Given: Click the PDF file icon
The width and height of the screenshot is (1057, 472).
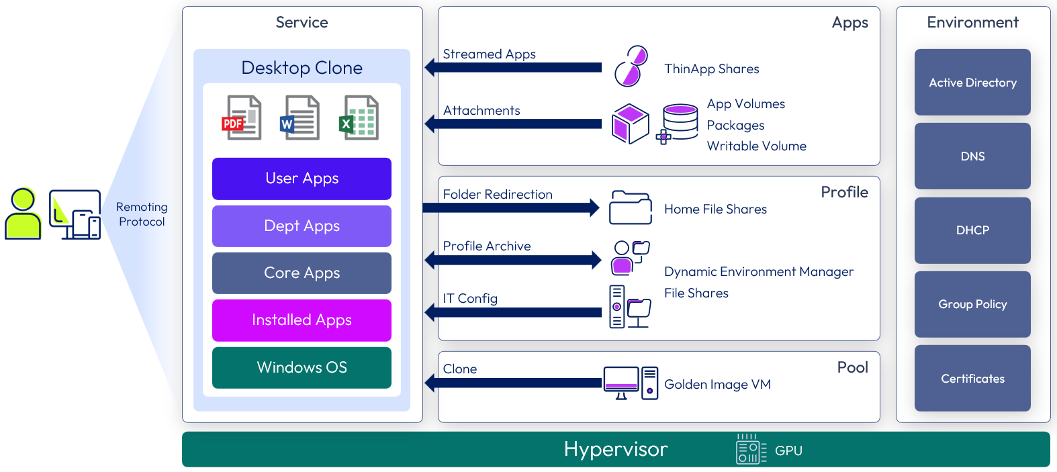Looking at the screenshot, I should (242, 118).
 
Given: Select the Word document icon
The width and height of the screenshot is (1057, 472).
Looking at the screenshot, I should (300, 118).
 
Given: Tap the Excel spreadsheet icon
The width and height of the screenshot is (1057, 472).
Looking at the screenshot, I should (361, 118).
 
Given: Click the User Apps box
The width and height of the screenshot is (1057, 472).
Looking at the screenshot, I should (302, 179).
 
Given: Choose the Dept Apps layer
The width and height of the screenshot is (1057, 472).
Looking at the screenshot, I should (302, 226).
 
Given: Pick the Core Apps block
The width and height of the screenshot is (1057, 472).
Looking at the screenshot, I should (302, 273).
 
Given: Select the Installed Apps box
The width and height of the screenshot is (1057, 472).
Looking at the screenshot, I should (302, 320).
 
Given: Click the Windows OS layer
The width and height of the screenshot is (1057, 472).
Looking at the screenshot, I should (302, 368).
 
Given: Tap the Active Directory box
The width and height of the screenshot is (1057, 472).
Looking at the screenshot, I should (972, 83).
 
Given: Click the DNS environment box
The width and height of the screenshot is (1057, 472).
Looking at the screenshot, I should (972, 156).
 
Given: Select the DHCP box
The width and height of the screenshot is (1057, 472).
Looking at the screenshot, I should (972, 230).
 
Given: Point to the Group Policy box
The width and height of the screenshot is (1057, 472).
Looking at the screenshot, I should (972, 304).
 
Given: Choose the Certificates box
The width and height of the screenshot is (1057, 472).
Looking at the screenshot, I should (972, 379).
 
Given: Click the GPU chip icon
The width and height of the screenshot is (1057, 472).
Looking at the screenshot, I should (751, 450).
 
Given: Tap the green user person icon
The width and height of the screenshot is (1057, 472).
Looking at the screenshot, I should (23, 214).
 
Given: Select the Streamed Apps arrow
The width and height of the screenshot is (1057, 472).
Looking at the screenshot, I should (514, 67).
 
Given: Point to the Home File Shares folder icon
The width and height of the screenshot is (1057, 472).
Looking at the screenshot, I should (630, 207).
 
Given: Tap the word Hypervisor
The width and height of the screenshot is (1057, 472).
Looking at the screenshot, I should (616, 449).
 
